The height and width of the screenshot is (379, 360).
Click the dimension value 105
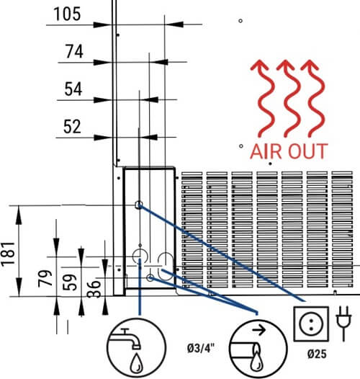tap(67, 14)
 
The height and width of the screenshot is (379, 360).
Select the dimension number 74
tap(74, 51)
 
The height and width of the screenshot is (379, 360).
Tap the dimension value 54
tap(73, 89)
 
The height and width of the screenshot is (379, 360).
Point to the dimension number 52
tap(72, 126)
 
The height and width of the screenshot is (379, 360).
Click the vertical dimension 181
tap(8, 254)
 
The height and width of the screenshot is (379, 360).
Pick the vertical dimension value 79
tap(45, 278)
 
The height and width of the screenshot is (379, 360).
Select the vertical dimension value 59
tap(70, 282)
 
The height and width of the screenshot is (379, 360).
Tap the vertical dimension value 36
tap(94, 289)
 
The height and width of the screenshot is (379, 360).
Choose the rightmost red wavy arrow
tap(313, 99)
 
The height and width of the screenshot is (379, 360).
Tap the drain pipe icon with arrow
tap(258, 349)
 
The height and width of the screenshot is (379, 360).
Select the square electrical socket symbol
tap(311, 324)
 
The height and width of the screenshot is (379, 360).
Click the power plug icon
tap(343, 324)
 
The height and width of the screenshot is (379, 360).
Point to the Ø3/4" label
tap(201, 348)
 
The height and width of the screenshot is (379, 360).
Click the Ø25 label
tap(317, 354)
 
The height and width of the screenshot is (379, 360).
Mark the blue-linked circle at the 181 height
tap(139, 205)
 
